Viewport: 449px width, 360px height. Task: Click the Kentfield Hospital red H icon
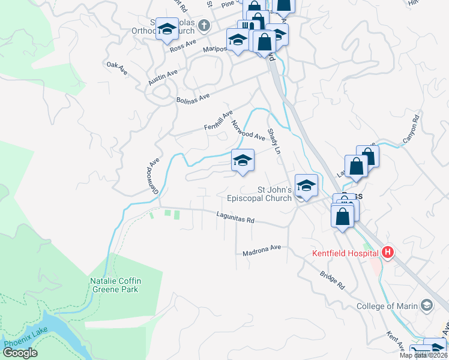(x=388, y=253)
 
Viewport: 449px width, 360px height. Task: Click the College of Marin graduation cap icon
(x=426, y=305)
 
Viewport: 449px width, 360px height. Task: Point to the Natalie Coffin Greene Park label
(x=114, y=284)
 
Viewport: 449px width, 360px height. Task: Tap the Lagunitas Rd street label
(x=235, y=218)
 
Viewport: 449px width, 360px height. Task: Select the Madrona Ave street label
(x=262, y=250)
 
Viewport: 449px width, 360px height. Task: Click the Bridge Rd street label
(x=332, y=279)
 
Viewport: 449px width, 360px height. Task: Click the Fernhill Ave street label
(x=218, y=120)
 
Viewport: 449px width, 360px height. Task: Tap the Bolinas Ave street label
(x=192, y=98)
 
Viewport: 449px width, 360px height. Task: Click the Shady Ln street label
(x=274, y=141)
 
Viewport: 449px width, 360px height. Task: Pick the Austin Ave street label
(x=163, y=77)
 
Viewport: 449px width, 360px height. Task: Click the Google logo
(x=19, y=353)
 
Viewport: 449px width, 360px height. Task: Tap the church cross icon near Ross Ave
(x=204, y=26)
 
